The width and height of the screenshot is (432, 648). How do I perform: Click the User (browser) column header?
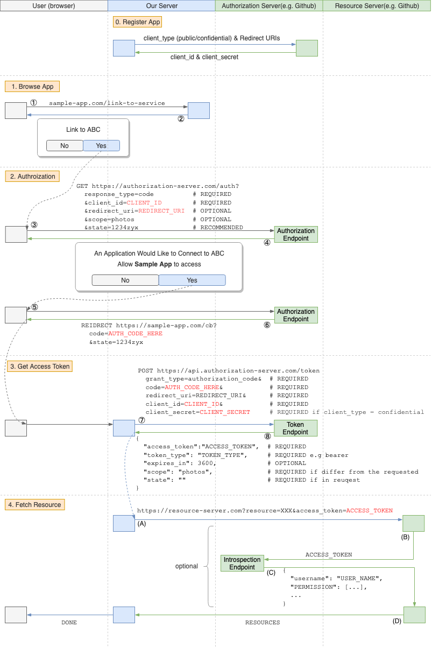(54, 6)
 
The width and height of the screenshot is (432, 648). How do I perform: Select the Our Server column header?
(161, 6)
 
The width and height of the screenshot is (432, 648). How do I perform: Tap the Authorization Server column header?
(269, 6)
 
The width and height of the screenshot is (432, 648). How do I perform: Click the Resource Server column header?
(377, 6)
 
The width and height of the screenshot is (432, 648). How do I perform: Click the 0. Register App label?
(137, 22)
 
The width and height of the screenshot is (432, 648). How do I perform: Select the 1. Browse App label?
(32, 87)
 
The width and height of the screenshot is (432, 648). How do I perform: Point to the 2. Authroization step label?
(32, 176)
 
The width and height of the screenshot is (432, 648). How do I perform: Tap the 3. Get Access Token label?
(39, 367)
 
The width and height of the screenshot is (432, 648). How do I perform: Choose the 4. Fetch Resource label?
(36, 505)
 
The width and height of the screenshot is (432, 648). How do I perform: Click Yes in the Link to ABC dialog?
(101, 146)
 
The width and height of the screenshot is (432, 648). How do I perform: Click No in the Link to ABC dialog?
(65, 146)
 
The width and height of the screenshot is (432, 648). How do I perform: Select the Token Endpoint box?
(295, 428)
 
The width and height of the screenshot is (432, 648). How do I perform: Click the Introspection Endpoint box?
(242, 564)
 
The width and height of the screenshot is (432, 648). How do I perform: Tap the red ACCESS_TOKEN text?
(369, 510)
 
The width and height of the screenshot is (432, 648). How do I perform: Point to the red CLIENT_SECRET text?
(225, 412)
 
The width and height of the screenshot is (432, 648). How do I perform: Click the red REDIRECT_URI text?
(161, 211)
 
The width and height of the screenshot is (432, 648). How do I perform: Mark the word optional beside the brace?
(186, 566)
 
